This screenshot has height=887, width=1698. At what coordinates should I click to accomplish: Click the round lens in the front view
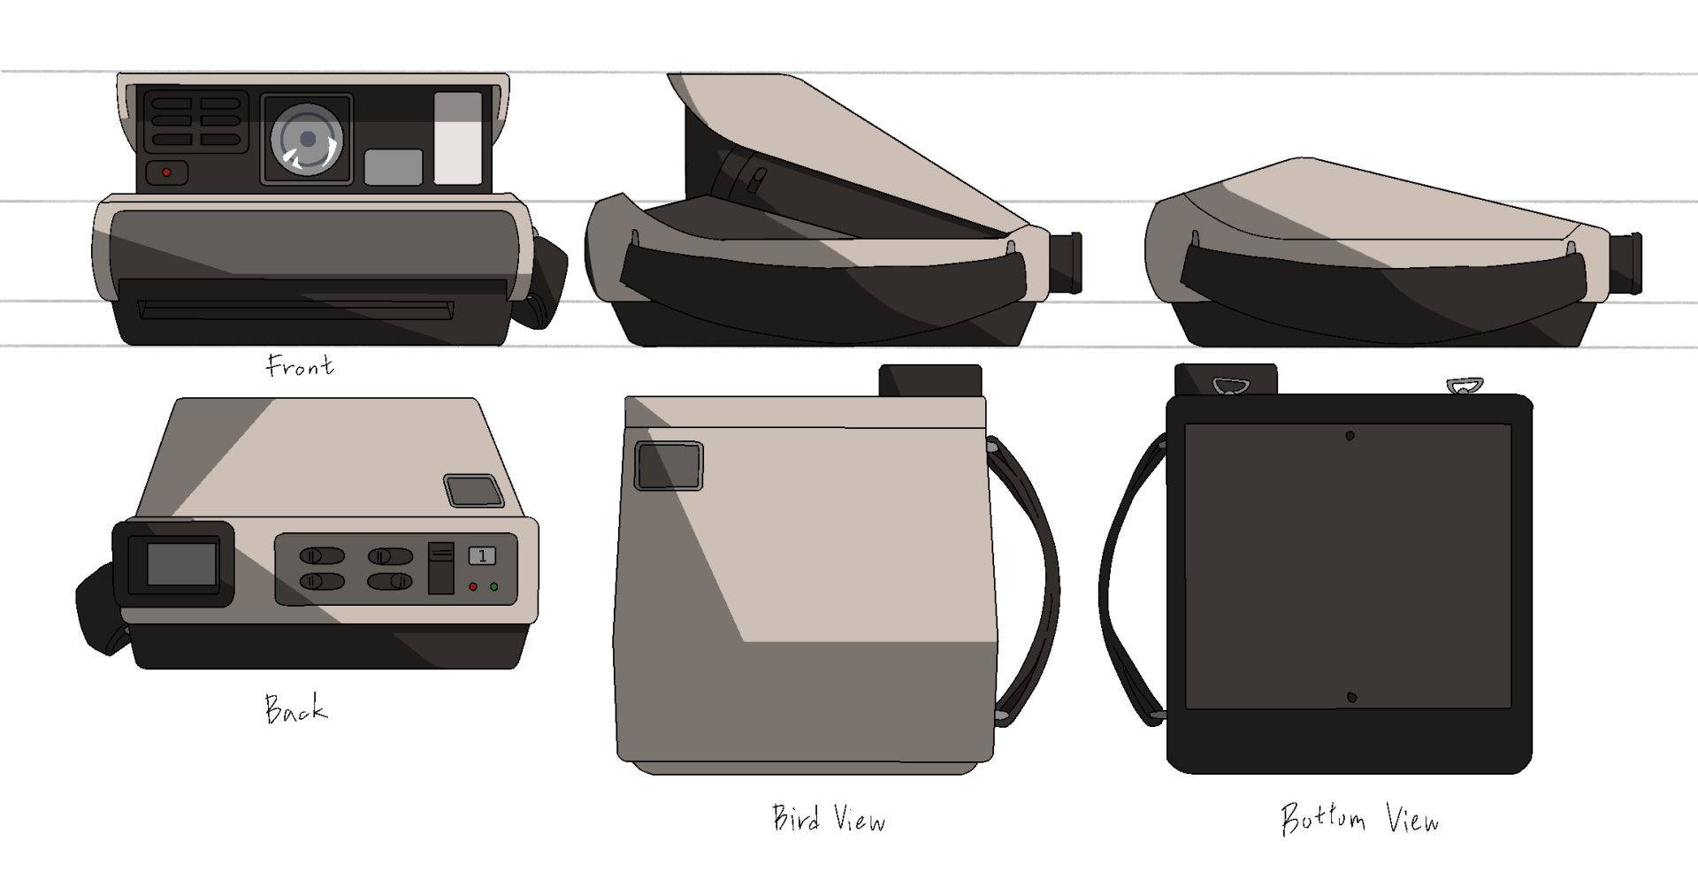coord(307,139)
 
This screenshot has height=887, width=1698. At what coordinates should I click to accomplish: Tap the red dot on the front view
coord(167,172)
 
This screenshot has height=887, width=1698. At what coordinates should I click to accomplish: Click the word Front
coord(301,365)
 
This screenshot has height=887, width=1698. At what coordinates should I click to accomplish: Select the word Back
coord(295,709)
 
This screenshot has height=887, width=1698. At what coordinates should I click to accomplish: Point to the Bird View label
coord(829,819)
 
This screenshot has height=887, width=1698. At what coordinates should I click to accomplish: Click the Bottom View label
coord(1360,819)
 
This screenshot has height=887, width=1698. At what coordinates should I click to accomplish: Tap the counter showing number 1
coord(482,555)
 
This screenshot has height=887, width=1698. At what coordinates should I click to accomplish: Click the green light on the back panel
coord(493,586)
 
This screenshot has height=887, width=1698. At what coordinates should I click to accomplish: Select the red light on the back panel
coord(473,586)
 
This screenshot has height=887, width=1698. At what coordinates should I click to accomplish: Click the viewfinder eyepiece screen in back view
coord(181,564)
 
